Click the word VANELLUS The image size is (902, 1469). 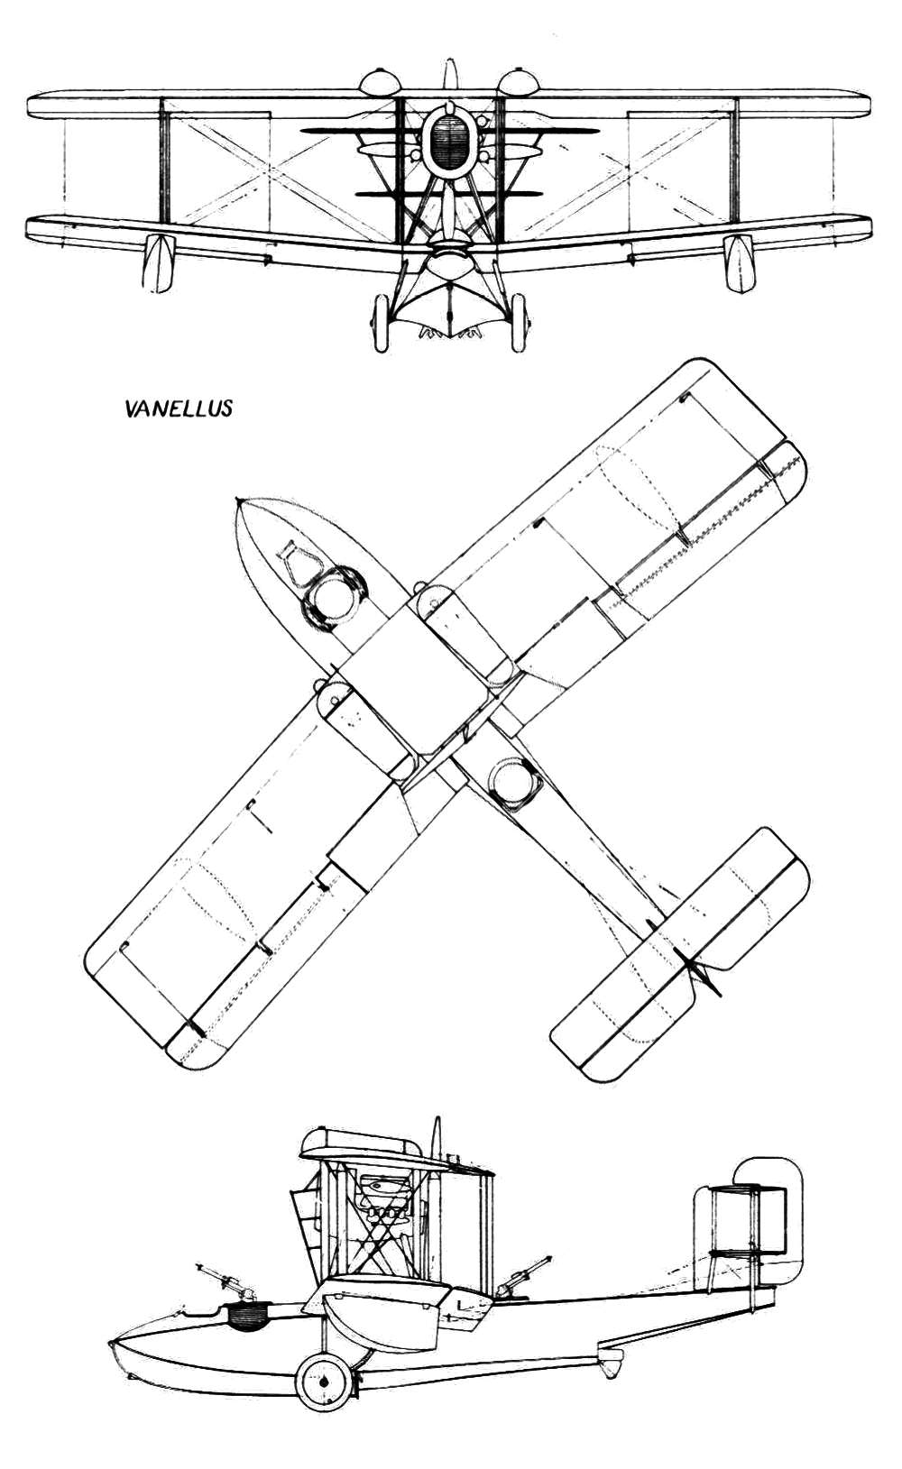[178, 409]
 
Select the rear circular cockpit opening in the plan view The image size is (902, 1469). [515, 783]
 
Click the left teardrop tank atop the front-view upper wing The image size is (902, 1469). [380, 81]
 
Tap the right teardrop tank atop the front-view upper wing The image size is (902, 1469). [519, 81]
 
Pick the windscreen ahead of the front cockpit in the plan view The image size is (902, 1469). [295, 562]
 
